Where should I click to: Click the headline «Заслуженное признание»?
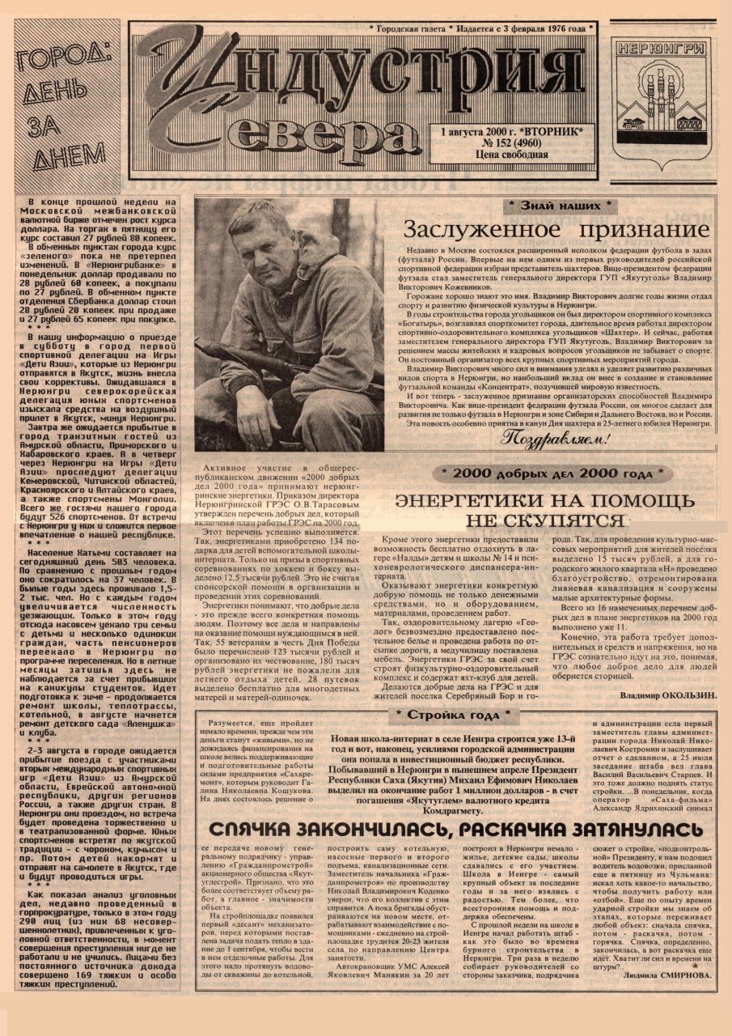pos(556,229)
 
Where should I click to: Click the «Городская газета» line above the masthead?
pos(412,28)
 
